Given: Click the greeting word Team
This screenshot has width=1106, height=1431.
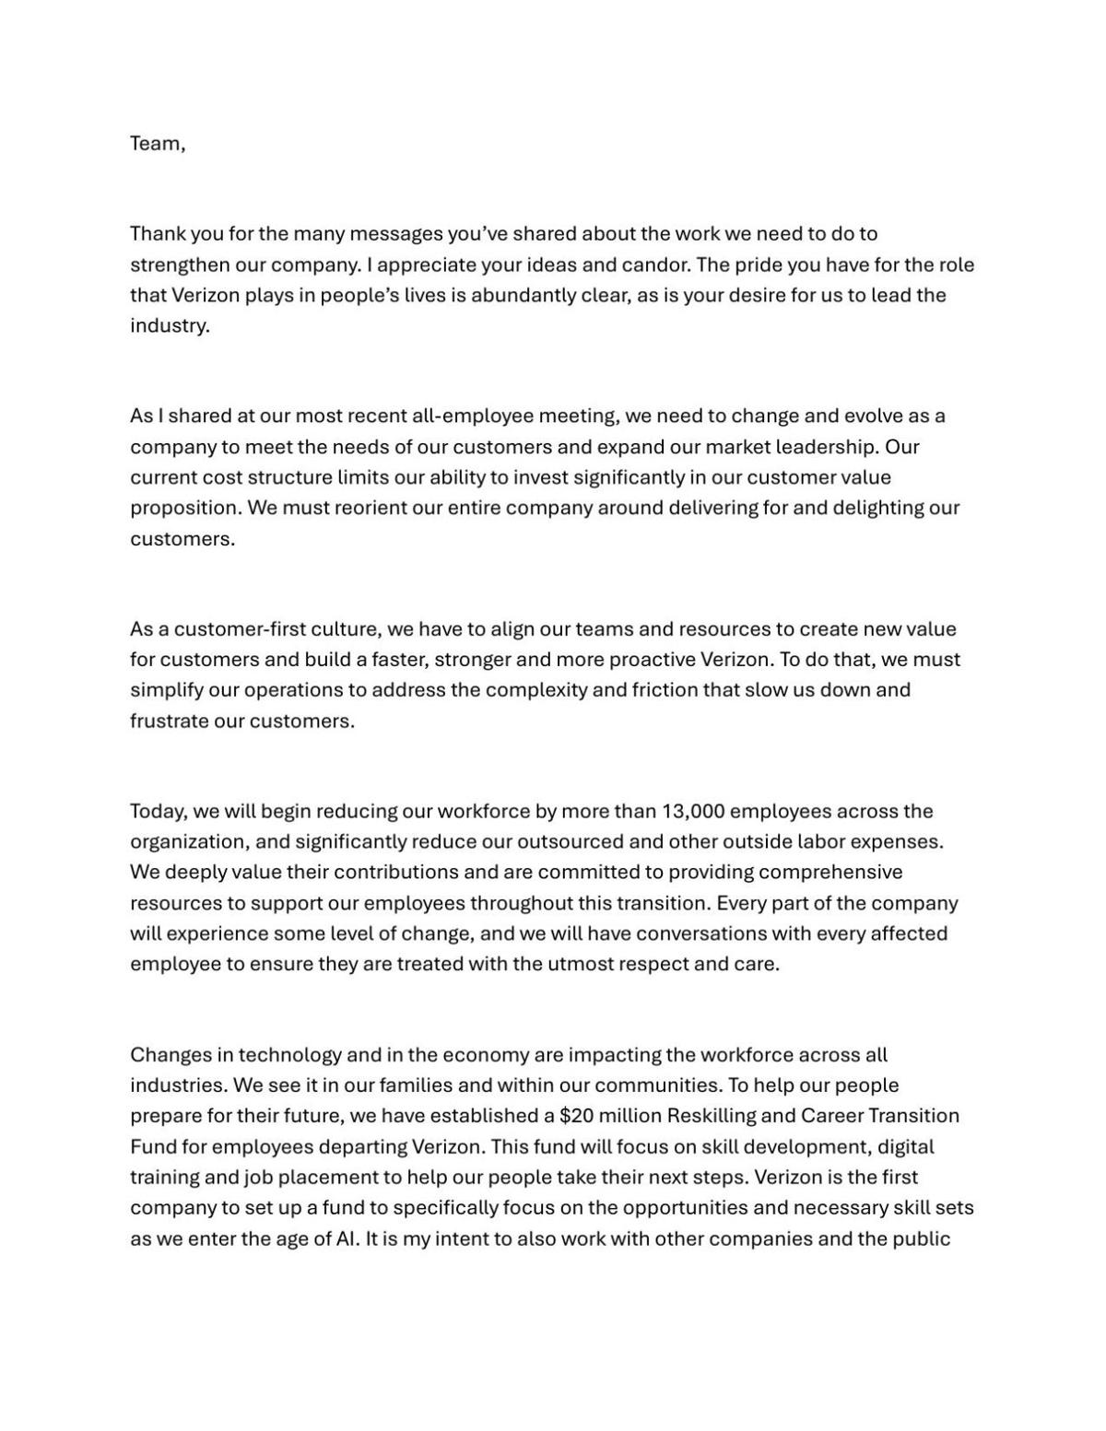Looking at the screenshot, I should (155, 144).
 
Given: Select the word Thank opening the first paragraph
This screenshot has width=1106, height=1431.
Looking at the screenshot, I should (158, 234).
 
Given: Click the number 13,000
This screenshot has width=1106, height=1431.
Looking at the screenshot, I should (692, 812).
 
